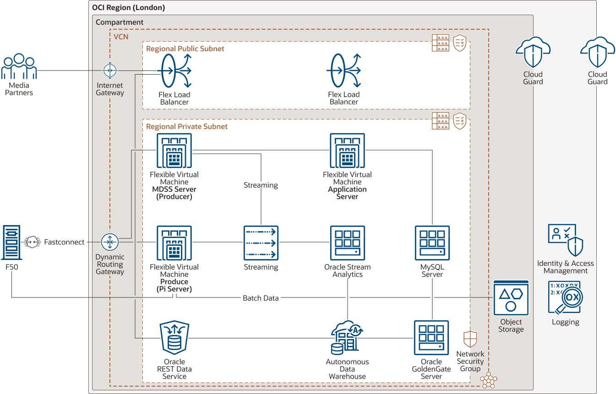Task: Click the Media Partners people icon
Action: pos(19,67)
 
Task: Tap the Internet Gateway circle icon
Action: pos(110,70)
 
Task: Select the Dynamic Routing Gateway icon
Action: pos(110,242)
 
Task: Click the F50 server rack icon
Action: pos(11,243)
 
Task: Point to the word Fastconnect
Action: pos(64,242)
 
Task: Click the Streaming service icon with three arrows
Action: pos(261,243)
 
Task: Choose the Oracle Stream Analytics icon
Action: pos(347,243)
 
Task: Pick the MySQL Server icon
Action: pos(432,243)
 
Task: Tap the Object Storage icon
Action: pos(511,298)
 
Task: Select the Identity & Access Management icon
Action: pos(566,240)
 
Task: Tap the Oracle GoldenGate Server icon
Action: pos(431,338)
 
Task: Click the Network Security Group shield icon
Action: pos(470,339)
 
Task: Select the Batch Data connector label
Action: pos(261,298)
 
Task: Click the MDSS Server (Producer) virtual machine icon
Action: pos(174,151)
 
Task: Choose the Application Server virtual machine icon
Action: pos(347,151)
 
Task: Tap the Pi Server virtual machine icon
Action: pos(174,243)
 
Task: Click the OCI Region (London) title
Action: pos(128,8)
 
